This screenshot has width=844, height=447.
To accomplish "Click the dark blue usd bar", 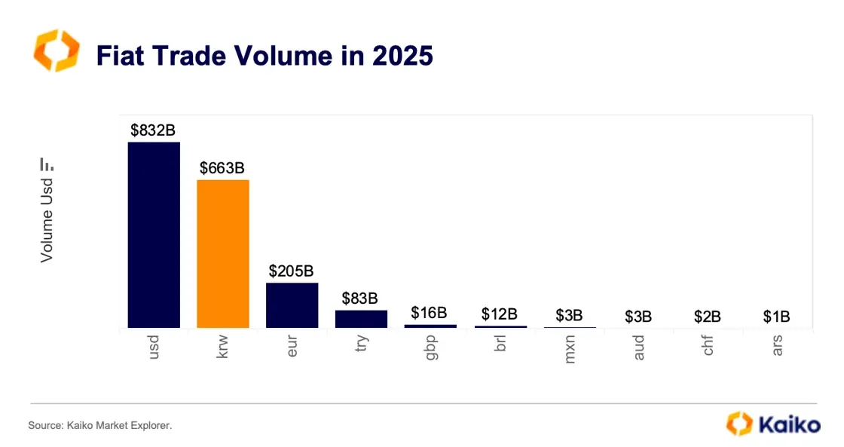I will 154,234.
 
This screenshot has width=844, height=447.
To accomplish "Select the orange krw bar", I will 223,253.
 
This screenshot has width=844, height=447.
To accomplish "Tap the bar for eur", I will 292,305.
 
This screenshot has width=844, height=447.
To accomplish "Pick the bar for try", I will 361,319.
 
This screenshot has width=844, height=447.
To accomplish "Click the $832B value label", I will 154,130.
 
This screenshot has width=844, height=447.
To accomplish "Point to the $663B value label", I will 223,168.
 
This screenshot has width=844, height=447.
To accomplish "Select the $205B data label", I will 292,271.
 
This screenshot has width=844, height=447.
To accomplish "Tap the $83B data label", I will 361,299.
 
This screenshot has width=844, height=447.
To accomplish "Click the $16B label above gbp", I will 430,313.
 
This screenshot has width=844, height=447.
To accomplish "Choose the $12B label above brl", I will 500,314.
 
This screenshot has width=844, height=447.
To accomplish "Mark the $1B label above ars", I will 776,317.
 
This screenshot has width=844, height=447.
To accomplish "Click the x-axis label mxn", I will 570,349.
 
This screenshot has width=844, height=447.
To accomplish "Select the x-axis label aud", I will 639,348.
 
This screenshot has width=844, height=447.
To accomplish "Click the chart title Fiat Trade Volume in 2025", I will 265,56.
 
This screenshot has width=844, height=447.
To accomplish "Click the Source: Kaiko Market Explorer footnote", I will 100,426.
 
